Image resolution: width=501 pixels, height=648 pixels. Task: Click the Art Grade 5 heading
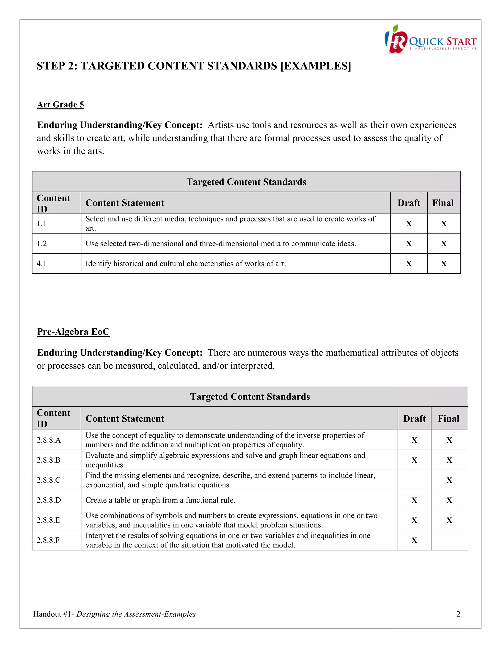(60, 104)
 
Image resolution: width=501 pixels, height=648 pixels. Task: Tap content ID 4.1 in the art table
(42, 263)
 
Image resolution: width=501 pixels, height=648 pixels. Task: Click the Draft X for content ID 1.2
(409, 244)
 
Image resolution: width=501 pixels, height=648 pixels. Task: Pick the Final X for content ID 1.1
(444, 224)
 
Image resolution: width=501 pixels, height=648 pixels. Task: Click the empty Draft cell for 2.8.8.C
(414, 480)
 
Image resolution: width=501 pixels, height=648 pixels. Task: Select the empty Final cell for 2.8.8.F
(449, 540)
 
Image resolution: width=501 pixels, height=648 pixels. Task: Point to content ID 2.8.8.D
(49, 500)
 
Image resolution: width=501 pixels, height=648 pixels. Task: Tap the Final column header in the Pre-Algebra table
(448, 418)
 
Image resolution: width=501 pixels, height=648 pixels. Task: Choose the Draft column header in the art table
(409, 203)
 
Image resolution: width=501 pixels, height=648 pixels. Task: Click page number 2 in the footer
(458, 614)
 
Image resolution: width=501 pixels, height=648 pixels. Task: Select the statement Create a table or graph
(160, 500)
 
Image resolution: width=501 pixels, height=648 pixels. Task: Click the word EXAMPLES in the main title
(316, 66)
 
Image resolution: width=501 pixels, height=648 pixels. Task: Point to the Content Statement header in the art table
(125, 203)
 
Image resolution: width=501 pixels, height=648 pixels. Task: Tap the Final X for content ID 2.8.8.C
(449, 480)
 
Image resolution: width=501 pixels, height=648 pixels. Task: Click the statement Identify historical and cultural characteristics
(185, 263)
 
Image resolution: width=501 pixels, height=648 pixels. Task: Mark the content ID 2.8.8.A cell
(49, 440)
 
